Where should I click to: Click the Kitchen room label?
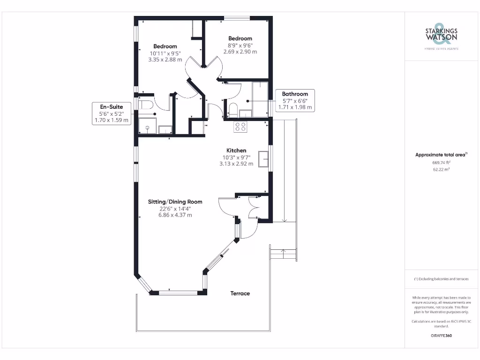click(236, 150)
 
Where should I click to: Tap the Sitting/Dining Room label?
click(175, 202)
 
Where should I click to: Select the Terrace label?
click(240, 293)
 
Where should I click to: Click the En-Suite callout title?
click(112, 107)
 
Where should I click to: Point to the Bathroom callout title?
click(295, 94)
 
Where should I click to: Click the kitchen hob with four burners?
click(240, 126)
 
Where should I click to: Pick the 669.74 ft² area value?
click(441, 162)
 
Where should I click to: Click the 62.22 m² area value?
click(441, 170)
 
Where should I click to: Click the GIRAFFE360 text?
click(441, 336)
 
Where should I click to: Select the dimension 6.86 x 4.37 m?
click(175, 215)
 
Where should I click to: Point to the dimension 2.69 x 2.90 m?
click(240, 52)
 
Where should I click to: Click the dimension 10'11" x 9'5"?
click(165, 53)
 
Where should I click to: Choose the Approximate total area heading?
click(441, 155)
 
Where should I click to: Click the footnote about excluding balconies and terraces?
click(441, 279)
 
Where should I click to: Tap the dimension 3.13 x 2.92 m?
click(236, 164)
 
